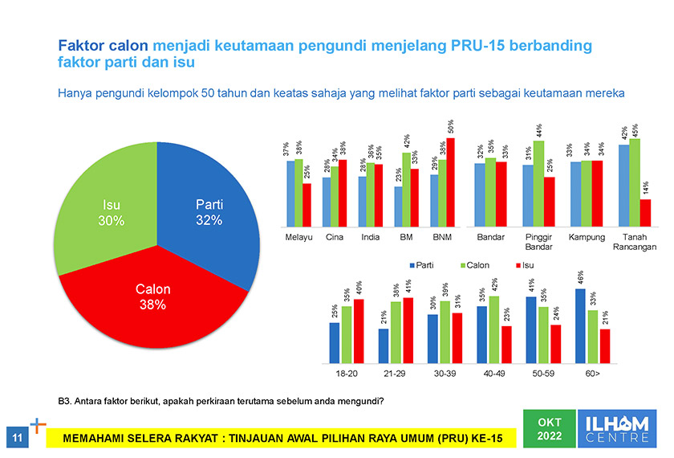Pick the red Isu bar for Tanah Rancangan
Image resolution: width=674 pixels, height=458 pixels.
(646, 213)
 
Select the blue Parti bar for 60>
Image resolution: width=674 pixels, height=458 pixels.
(580, 326)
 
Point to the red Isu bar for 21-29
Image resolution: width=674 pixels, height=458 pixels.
(408, 330)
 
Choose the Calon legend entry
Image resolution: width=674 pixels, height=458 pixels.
(473, 264)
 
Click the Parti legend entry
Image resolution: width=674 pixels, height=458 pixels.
(424, 264)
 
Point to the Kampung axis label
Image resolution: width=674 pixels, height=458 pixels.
(586, 238)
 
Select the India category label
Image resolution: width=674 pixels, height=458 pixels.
(370, 238)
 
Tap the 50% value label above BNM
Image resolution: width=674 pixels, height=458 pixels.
(451, 126)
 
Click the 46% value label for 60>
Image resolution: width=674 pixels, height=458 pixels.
(580, 278)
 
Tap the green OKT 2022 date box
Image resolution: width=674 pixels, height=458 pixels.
(550, 429)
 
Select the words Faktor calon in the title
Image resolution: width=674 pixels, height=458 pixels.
(104, 46)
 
